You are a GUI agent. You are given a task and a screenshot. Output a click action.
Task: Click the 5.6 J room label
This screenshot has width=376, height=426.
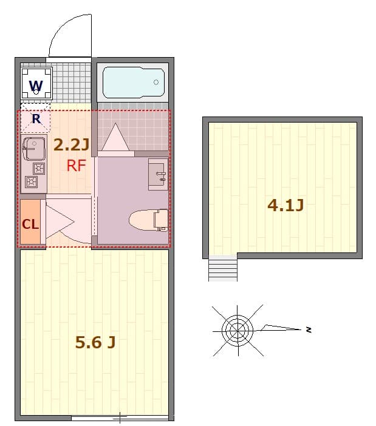(95, 342)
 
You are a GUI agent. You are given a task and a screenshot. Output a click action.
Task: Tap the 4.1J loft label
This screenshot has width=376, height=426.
(285, 205)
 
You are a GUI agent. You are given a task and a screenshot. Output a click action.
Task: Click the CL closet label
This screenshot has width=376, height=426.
(30, 223)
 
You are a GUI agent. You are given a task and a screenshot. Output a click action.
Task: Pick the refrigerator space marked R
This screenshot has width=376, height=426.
(36, 119)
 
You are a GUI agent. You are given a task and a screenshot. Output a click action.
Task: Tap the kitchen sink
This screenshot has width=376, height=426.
(31, 148)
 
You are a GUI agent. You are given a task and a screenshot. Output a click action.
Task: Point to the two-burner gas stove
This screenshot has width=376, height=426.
(33, 175)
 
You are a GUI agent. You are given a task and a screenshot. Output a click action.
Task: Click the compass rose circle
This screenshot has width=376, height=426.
(238, 331)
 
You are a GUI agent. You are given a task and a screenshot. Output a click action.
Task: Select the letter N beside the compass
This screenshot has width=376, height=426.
(309, 330)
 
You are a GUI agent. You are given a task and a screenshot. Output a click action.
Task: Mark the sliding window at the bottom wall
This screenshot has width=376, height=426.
(120, 418)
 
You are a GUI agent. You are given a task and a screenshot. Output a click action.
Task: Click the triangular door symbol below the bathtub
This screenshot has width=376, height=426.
(114, 139)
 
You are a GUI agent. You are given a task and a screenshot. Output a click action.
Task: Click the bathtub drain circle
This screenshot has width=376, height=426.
(156, 82)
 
